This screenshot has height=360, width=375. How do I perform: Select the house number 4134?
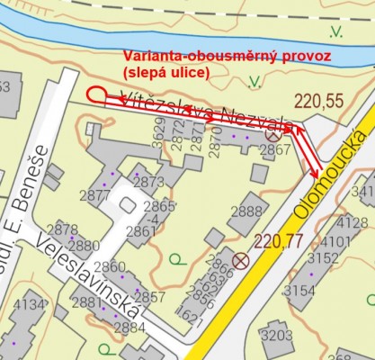(30, 305)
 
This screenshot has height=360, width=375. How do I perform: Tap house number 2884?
(129, 327)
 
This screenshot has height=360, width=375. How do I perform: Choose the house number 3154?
(299, 290)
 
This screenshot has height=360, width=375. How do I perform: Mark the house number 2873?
(147, 181)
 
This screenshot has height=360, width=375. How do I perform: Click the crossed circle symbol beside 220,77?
(240, 262)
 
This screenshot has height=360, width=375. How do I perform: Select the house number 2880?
(84, 245)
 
